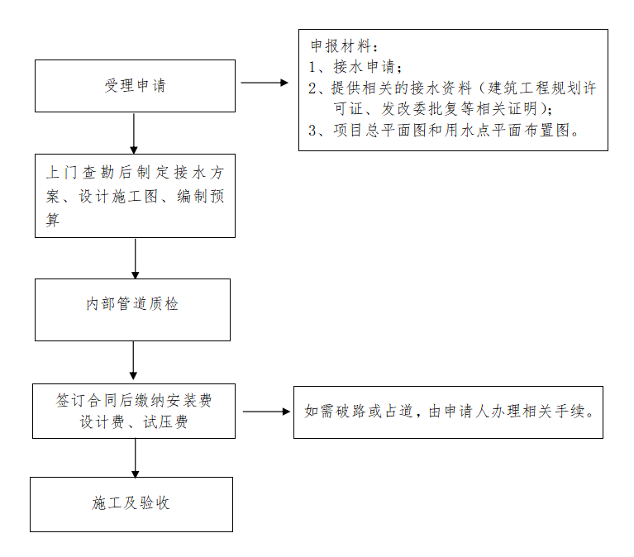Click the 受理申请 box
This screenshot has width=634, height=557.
[x=135, y=86]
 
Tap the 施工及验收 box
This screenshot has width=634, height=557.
[x=131, y=504]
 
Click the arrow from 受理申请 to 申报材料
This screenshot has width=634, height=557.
[x=265, y=83]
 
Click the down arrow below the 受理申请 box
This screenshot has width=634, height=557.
[x=134, y=132]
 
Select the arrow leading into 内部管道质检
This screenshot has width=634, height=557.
[x=136, y=258]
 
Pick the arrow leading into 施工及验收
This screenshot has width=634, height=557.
[x=136, y=457]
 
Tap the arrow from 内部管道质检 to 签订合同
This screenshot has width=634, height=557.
[x=133, y=362]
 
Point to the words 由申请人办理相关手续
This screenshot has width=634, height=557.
[x=512, y=412]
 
